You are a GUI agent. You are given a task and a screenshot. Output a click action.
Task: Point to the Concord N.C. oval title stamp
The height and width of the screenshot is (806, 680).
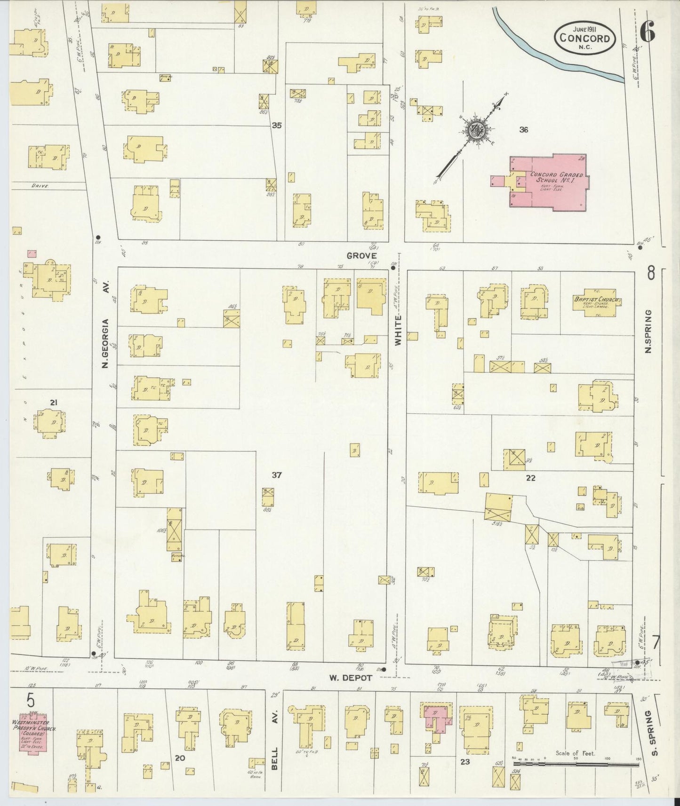coord(585,39)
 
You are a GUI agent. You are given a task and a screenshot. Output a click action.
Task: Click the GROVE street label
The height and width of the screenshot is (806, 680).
coord(361,255)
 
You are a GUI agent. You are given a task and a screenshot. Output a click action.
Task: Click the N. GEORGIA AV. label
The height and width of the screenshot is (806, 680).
coord(105,324)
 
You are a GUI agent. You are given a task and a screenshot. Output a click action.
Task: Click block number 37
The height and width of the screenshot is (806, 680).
coord(276,475)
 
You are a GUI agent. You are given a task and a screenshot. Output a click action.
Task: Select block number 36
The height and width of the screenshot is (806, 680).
coord(523,130)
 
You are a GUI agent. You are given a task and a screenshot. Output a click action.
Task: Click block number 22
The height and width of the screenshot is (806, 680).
coord(530,478)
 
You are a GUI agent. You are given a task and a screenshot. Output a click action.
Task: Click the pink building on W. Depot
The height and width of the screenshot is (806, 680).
coord(437,719)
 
